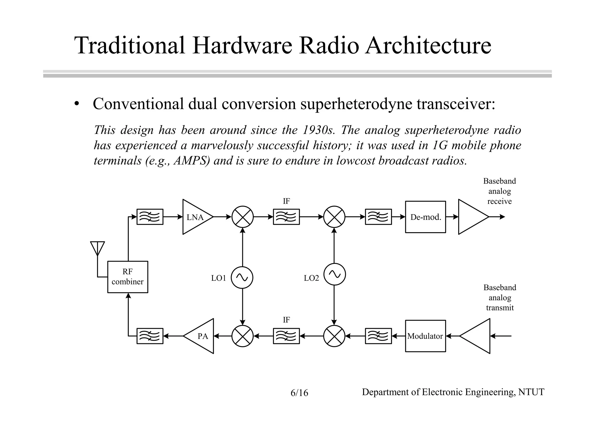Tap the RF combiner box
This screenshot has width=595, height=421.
pos(128,277)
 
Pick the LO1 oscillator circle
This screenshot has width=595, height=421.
pos(242,278)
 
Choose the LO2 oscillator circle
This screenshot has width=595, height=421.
pos(334,274)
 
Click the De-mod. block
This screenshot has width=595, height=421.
pos(425,217)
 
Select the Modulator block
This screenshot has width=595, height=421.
pos(425,336)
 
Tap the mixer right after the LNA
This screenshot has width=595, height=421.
pos(243,217)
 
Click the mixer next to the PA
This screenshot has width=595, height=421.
pos(243,336)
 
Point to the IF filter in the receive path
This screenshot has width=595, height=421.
pos(286,217)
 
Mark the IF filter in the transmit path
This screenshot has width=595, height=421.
pos(286,336)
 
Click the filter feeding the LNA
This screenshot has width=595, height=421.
pos(150,217)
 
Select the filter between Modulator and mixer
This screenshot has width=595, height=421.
pos(378,336)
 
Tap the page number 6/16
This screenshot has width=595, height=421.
pos(299,393)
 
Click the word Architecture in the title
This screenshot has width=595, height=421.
pos(428,46)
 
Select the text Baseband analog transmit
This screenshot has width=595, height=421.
pos(500,297)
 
